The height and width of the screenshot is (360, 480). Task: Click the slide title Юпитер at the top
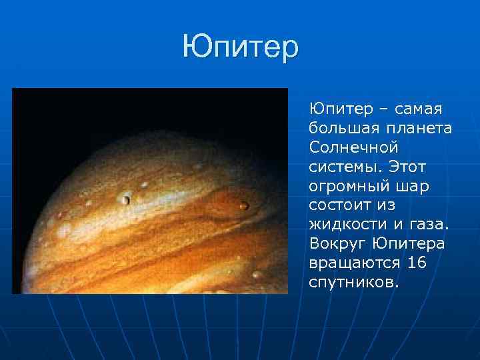click(x=241, y=48)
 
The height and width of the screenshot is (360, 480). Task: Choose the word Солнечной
click(x=353, y=145)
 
